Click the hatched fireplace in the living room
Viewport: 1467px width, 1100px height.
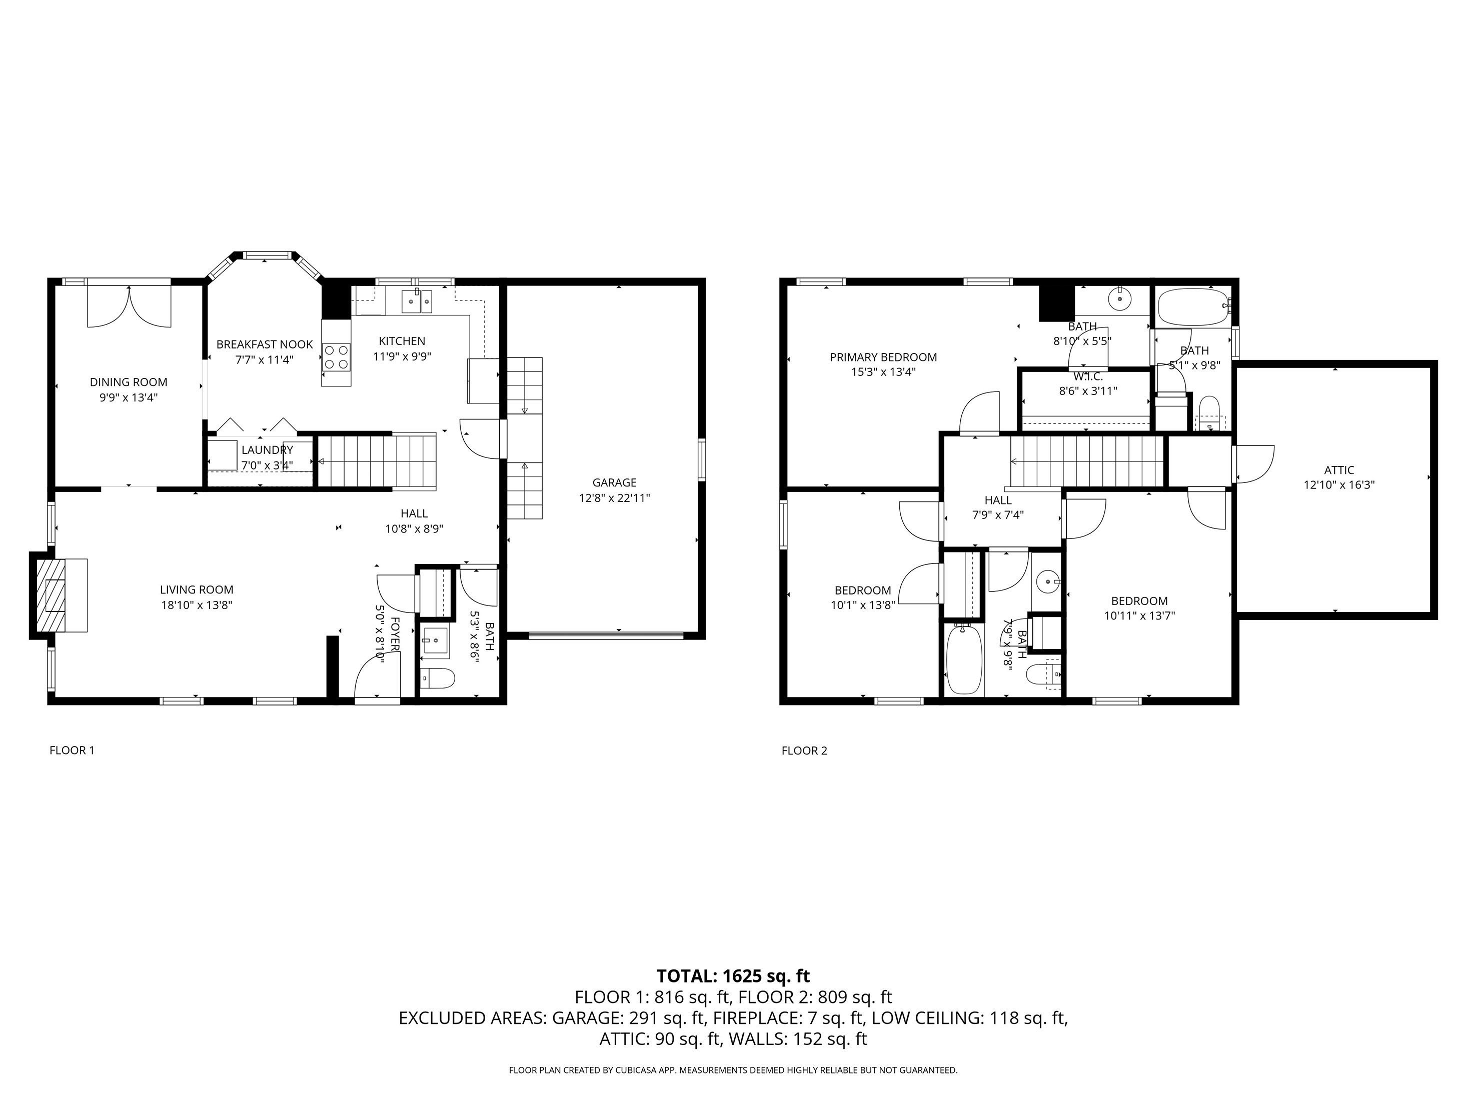[x=51, y=595]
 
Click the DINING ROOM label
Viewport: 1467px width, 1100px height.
[x=129, y=382]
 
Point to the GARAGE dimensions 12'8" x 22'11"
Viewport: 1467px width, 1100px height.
[x=614, y=498]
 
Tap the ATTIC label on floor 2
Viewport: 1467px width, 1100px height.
[x=1338, y=470]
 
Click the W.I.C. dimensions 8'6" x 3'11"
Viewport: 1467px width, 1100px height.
[x=1088, y=391]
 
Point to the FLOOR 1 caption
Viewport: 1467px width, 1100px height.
[x=72, y=750]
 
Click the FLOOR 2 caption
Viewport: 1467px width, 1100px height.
[x=804, y=750]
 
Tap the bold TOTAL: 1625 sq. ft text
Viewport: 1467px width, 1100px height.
[x=733, y=976]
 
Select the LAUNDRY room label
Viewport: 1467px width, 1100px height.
[x=267, y=450]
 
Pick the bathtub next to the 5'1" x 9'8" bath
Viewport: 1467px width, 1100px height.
[x=1193, y=306]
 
